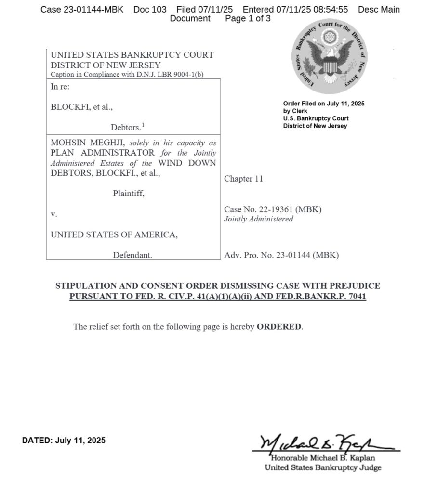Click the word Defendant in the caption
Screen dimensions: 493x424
pyautogui.click(x=132, y=255)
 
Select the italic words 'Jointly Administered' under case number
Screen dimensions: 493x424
pyautogui.click(x=259, y=219)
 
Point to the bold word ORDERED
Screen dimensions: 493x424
pyautogui.click(x=279, y=327)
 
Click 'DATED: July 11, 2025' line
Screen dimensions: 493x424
pyautogui.click(x=64, y=440)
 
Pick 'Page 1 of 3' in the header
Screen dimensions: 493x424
pyautogui.click(x=248, y=19)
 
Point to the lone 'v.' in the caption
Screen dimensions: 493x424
pyautogui.click(x=54, y=214)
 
